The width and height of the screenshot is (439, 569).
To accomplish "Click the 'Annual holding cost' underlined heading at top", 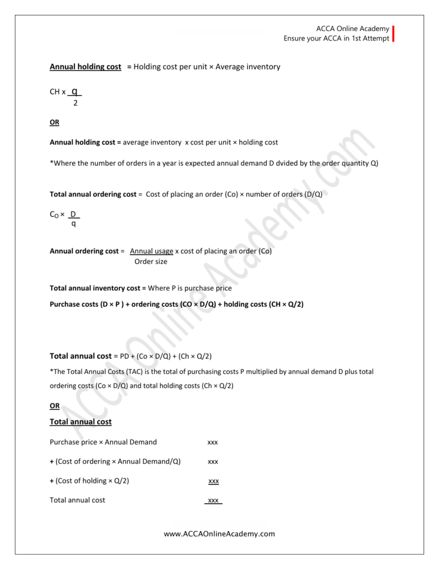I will point(86,67).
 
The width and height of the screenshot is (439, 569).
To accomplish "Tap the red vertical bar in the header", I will point(393,33).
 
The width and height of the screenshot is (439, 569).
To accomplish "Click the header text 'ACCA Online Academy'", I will point(352,29).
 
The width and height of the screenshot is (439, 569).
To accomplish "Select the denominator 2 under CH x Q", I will point(75,103).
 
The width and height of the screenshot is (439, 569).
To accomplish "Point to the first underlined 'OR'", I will point(54,122).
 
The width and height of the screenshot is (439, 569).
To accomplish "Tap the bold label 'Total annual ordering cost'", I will point(93,194).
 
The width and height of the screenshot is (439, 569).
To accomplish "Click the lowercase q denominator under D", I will point(73,223).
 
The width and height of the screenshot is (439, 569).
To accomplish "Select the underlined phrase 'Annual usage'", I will point(151,251).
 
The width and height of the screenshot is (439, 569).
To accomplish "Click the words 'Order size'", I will point(151,261).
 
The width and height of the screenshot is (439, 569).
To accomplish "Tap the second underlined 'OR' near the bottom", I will point(54,406).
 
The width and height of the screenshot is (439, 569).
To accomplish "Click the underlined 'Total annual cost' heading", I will point(81,422).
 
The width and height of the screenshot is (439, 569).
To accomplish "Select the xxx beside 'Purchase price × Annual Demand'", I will point(212,442).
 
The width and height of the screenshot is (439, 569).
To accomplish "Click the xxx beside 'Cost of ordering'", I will point(212,461).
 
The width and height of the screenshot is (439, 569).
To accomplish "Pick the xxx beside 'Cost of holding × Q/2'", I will point(213,481).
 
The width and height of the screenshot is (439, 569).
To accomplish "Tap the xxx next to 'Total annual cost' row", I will point(213,501).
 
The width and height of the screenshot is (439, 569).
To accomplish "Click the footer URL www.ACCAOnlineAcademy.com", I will point(219,534).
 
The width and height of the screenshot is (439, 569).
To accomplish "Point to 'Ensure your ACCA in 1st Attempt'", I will point(337,38).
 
